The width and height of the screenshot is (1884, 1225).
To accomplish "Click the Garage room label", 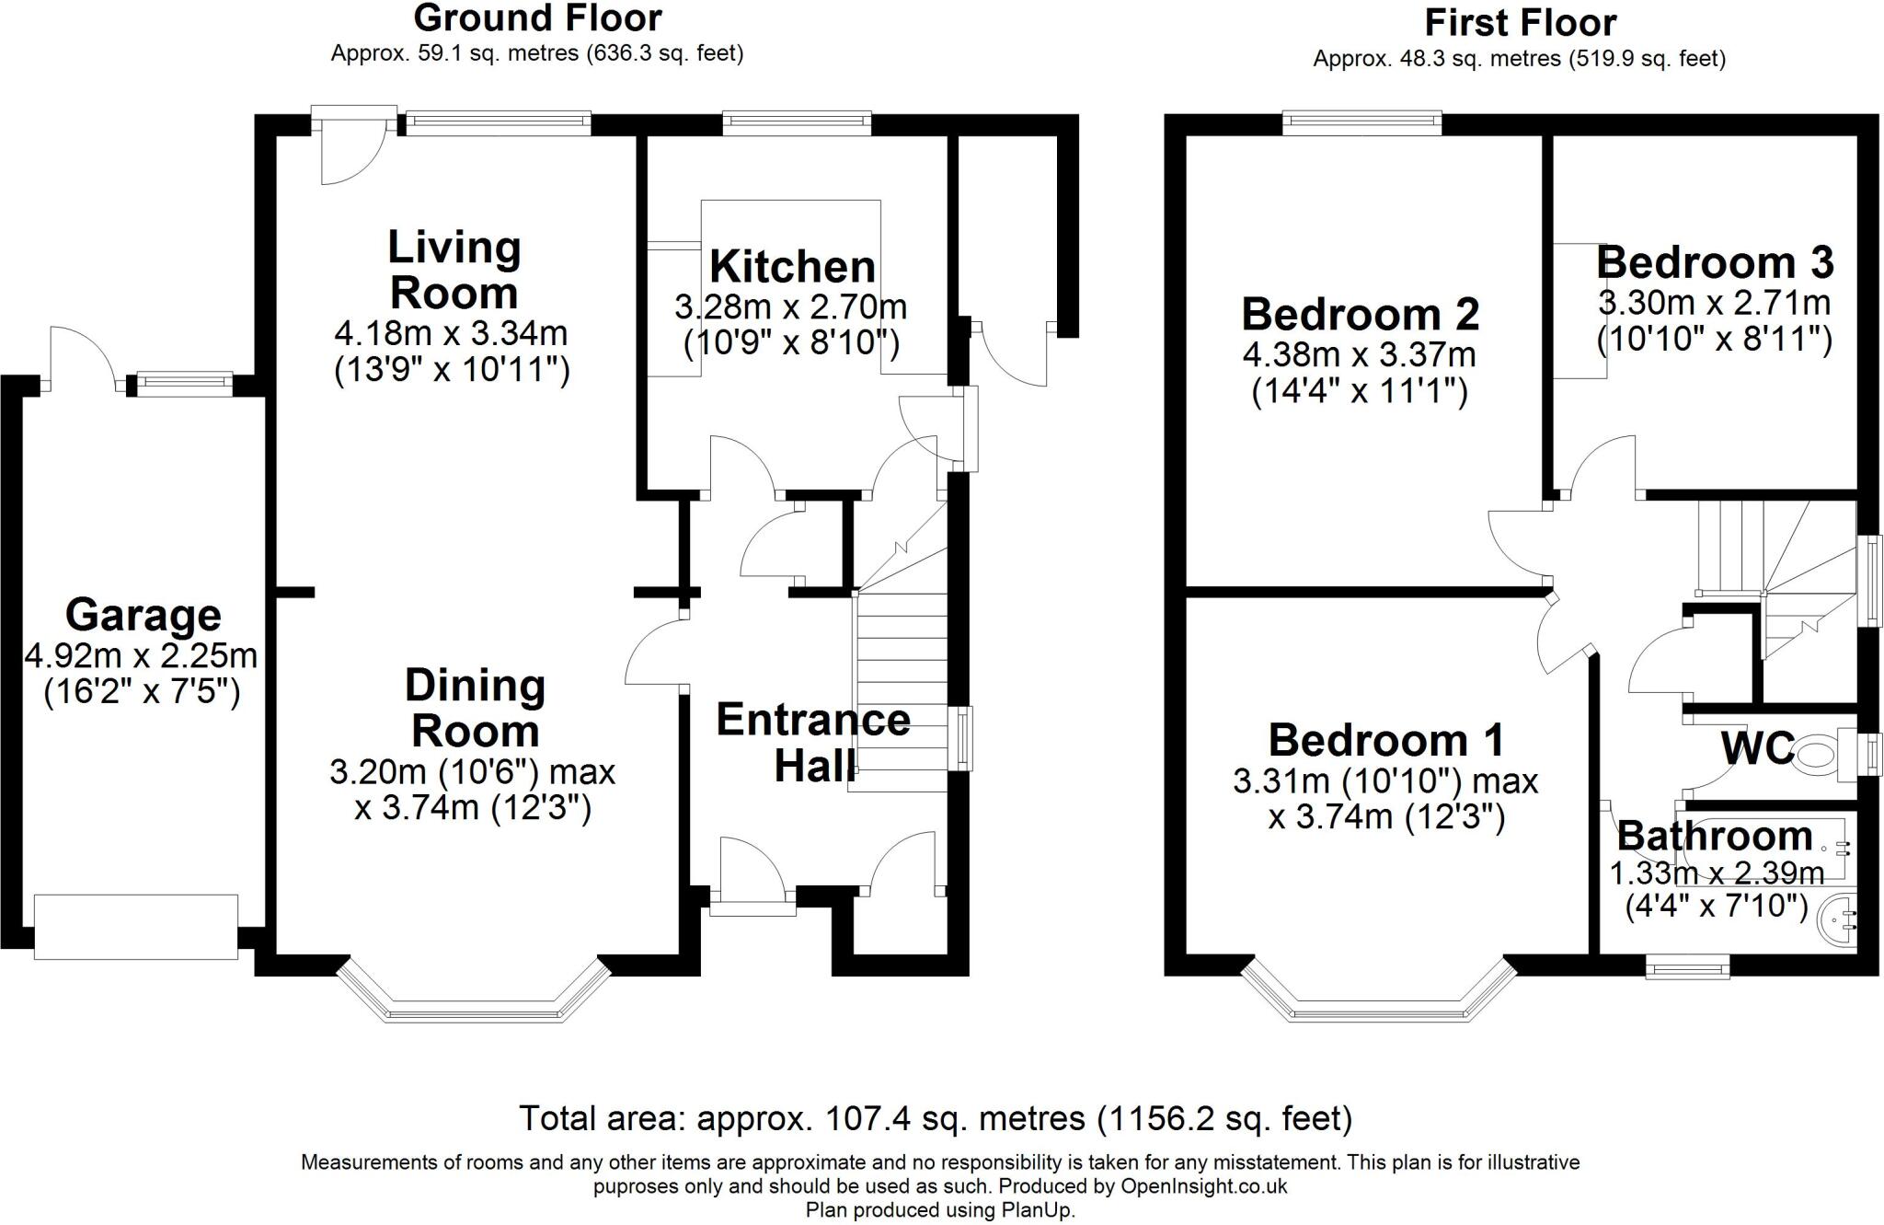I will coord(143,615).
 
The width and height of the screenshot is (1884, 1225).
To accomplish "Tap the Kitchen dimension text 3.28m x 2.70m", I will coord(790,306).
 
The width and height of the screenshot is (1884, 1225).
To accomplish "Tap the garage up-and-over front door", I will coord(136,927).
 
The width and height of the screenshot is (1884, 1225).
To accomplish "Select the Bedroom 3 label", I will coord(1715,262).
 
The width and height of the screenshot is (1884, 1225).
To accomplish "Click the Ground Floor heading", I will coord(537,18).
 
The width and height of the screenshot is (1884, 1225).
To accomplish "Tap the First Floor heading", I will coord(1520,22).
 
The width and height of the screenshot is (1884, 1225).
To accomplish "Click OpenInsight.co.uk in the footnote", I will coord(1203,1185).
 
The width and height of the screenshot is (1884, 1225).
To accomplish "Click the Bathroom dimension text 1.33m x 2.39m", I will coord(1717,873).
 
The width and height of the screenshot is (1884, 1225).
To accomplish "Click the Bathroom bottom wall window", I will coord(1687,968).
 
